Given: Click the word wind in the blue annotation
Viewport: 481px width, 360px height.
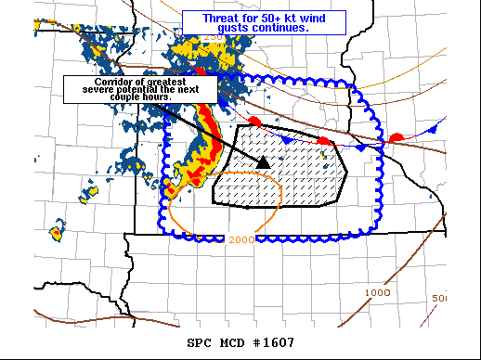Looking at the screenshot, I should tap(325, 18).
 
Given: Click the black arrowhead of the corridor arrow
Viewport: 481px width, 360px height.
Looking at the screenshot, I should tap(263, 161).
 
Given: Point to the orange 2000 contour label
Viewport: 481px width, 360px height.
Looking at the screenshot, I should tap(240, 240).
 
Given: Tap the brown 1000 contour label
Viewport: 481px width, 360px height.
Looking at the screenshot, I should tap(377, 292).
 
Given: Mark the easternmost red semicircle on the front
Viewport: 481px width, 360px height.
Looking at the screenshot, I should tap(396, 138).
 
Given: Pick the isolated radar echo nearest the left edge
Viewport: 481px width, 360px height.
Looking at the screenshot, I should tap(58, 229).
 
